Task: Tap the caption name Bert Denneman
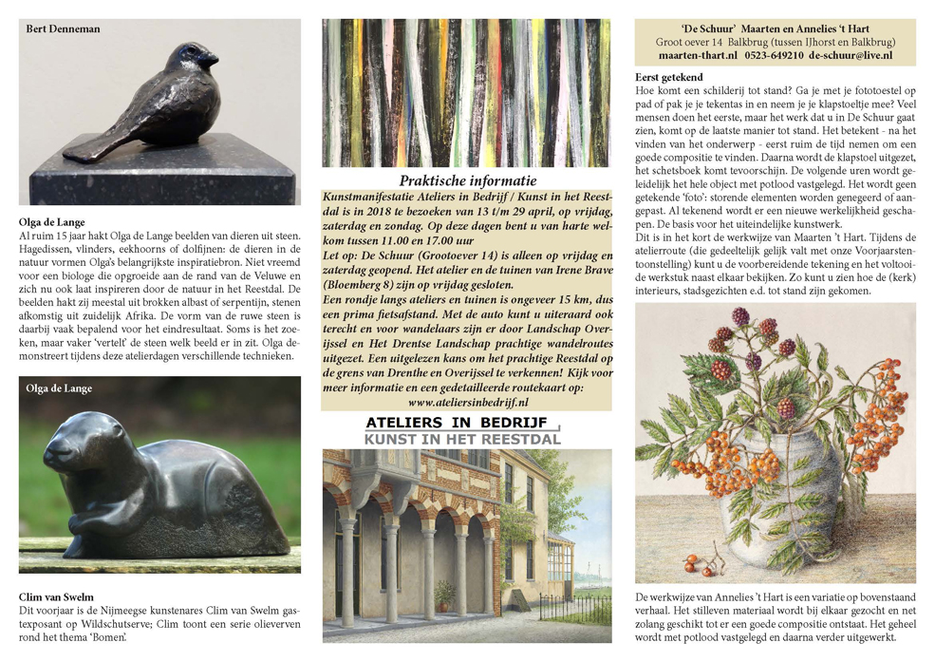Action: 60,28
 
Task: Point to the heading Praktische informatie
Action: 467,180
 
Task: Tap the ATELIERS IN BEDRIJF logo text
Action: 461,422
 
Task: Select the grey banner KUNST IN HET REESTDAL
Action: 462,439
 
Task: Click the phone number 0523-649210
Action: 774,56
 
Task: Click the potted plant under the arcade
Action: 442,595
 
